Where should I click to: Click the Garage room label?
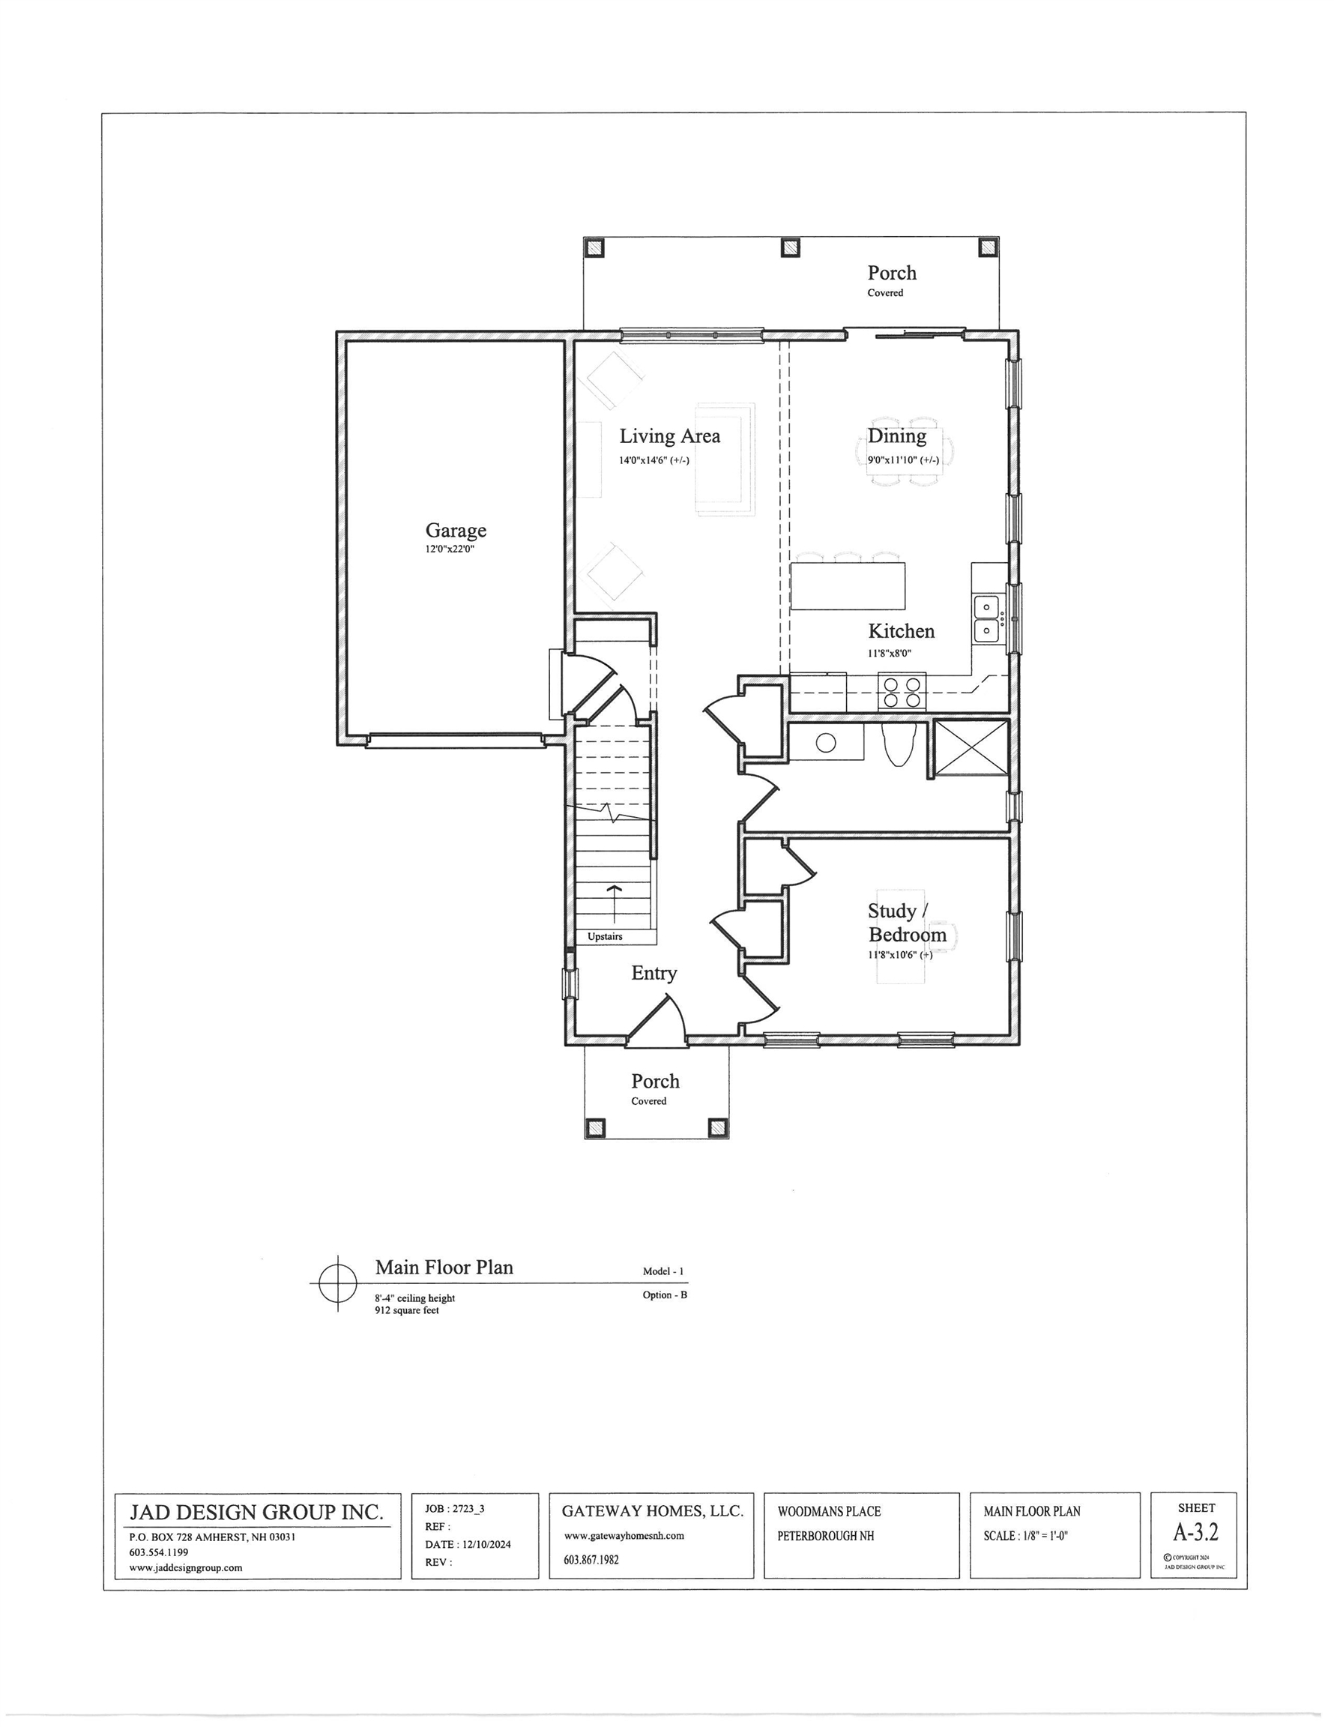click(x=456, y=531)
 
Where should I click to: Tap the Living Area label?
click(x=669, y=435)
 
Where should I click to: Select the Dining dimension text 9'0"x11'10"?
click(x=902, y=460)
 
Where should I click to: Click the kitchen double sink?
click(x=986, y=618)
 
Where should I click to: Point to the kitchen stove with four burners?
click(x=902, y=692)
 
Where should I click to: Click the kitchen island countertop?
click(x=848, y=585)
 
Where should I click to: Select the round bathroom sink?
click(x=827, y=742)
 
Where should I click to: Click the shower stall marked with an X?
click(x=971, y=747)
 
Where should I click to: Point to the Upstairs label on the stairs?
click(x=605, y=936)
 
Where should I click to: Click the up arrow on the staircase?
click(x=614, y=902)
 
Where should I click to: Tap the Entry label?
click(x=654, y=974)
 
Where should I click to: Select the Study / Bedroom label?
click(x=906, y=923)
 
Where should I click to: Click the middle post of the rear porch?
click(x=790, y=247)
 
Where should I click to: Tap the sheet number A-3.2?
click(x=1195, y=1532)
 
